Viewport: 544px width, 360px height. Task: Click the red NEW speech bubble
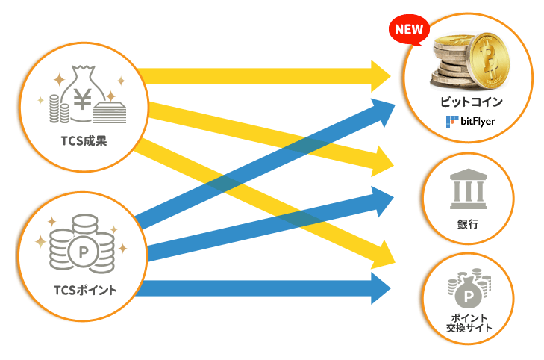point(410,30)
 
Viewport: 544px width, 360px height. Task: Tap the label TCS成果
point(84,141)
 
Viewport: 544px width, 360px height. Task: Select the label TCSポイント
point(85,290)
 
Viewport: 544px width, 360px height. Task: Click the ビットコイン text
point(471,102)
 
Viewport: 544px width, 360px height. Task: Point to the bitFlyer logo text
point(478,122)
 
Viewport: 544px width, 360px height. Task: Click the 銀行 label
point(468,224)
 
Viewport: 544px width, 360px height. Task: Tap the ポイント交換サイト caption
point(469,323)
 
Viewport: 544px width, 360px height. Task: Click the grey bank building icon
point(469,189)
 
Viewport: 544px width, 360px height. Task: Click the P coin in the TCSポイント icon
point(84,252)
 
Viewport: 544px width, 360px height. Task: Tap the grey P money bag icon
point(468,291)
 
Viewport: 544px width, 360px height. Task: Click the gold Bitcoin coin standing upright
point(490,61)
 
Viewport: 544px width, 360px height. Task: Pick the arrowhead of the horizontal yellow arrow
point(381,76)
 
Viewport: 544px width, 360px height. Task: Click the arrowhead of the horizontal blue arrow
point(381,288)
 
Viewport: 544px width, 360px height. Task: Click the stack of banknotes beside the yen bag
point(110,112)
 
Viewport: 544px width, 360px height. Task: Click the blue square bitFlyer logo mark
point(451,122)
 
